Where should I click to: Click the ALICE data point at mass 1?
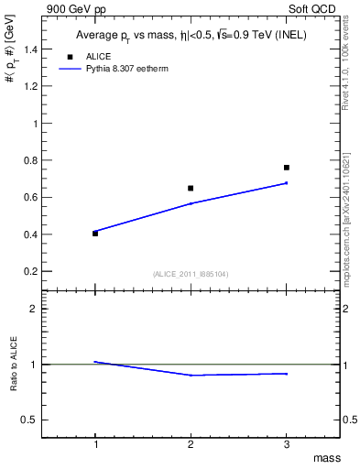[x=95, y=234]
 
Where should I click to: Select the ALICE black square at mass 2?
[x=191, y=188]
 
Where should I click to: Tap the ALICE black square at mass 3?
[x=287, y=168]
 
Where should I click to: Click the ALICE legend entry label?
[x=98, y=56]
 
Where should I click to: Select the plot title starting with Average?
[x=191, y=37]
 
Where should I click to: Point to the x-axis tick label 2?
[x=191, y=444]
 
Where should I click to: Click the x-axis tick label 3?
[x=287, y=444]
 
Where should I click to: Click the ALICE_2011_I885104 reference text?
[x=191, y=274]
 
